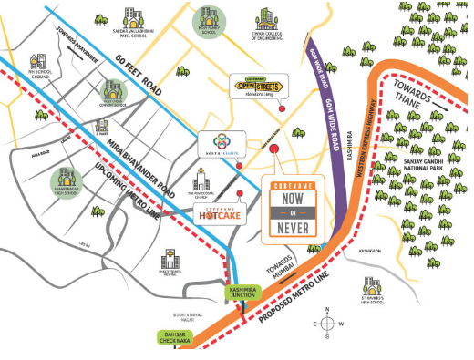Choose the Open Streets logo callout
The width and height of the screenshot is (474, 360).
(259, 85)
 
